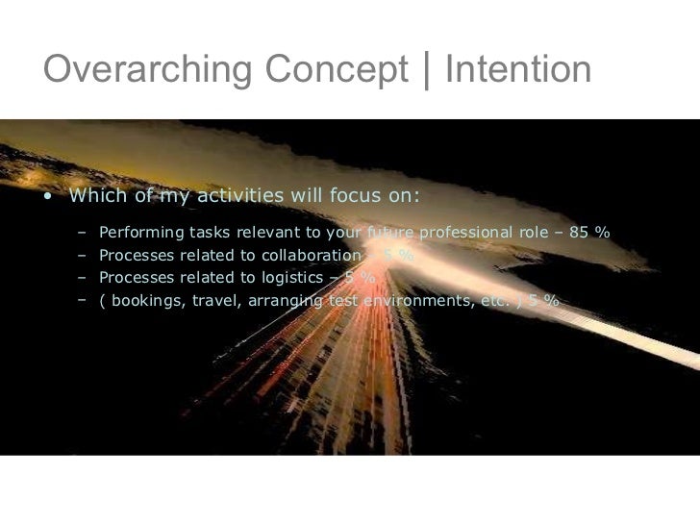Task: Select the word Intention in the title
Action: tap(517, 70)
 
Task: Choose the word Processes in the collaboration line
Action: tap(135, 256)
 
